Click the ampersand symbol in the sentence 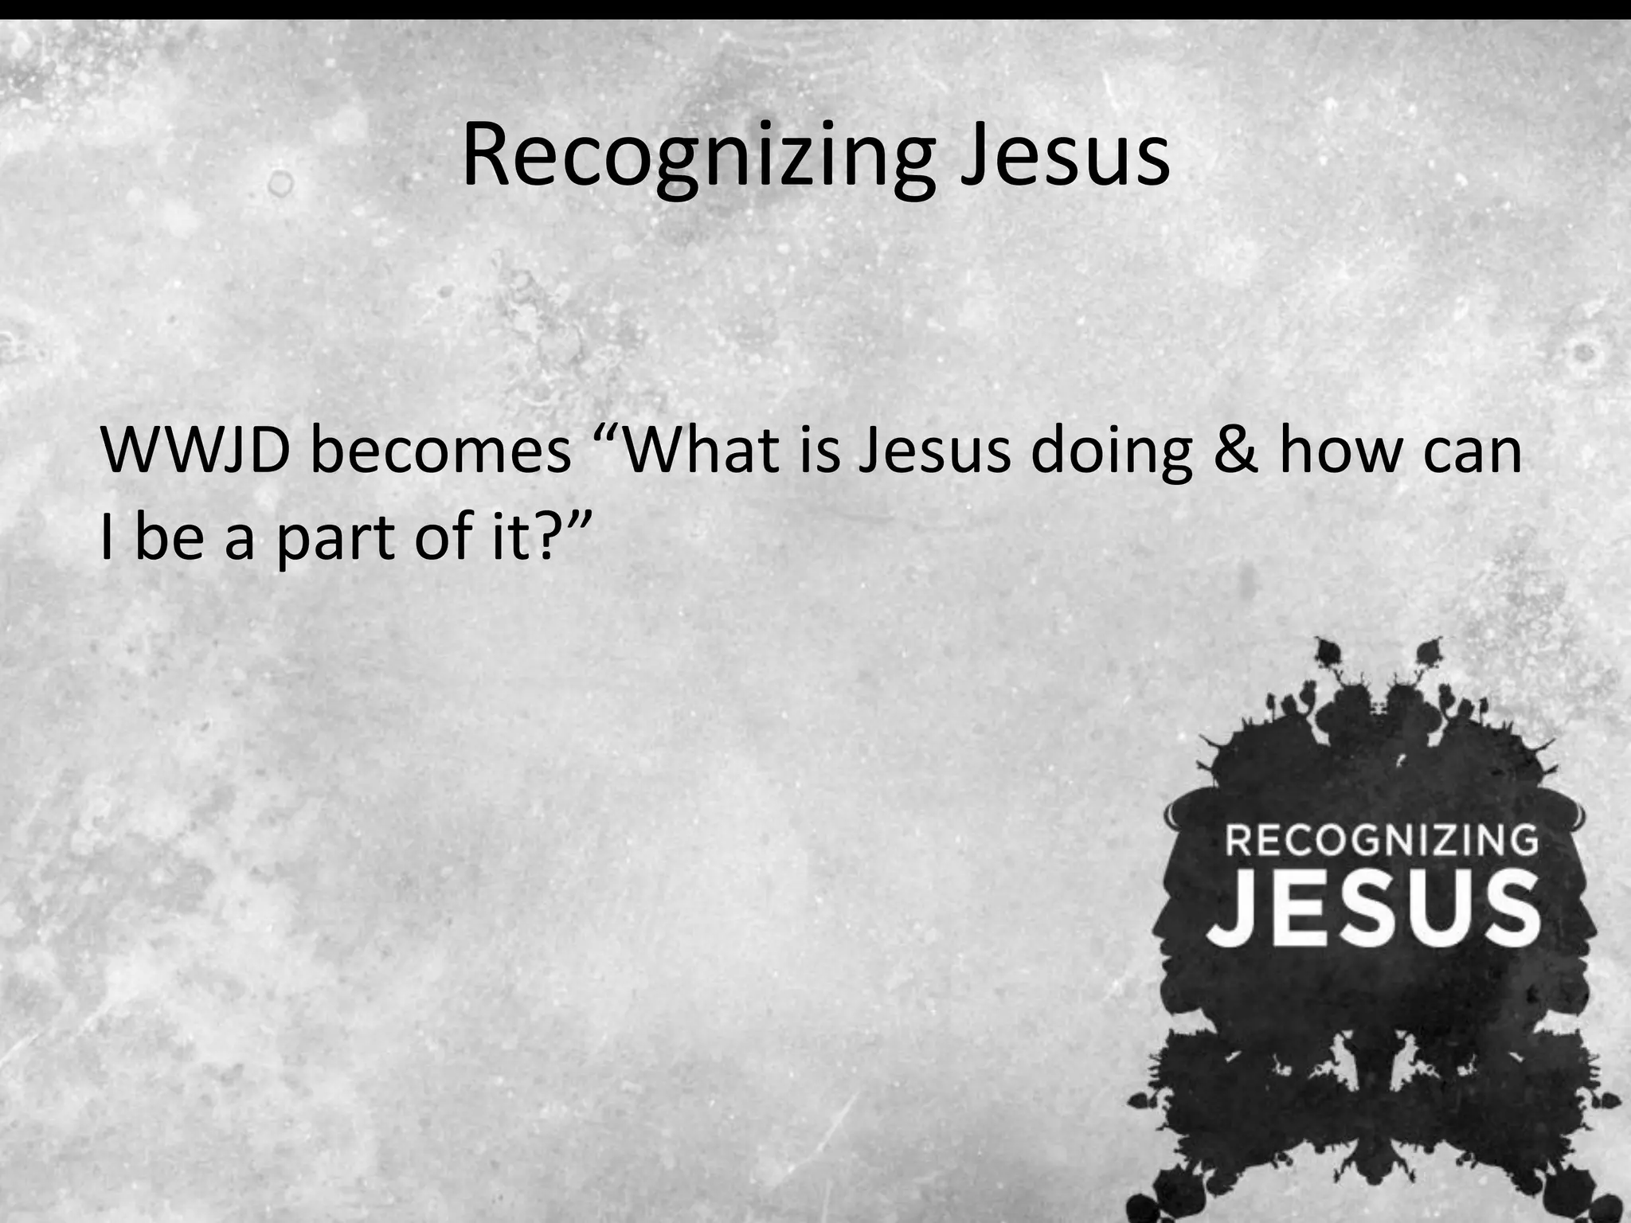1235,450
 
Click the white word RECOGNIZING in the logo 1381,842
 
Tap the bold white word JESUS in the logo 1375,908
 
